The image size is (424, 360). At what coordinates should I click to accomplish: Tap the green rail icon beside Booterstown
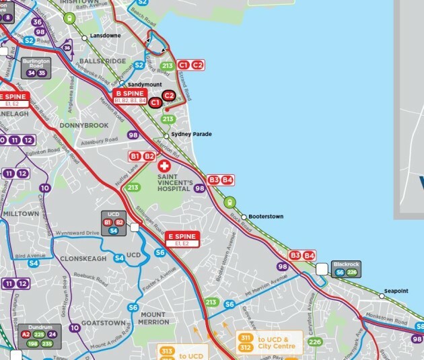pyautogui.click(x=229, y=201)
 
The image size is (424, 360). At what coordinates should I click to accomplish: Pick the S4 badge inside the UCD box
pyautogui.click(x=113, y=231)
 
